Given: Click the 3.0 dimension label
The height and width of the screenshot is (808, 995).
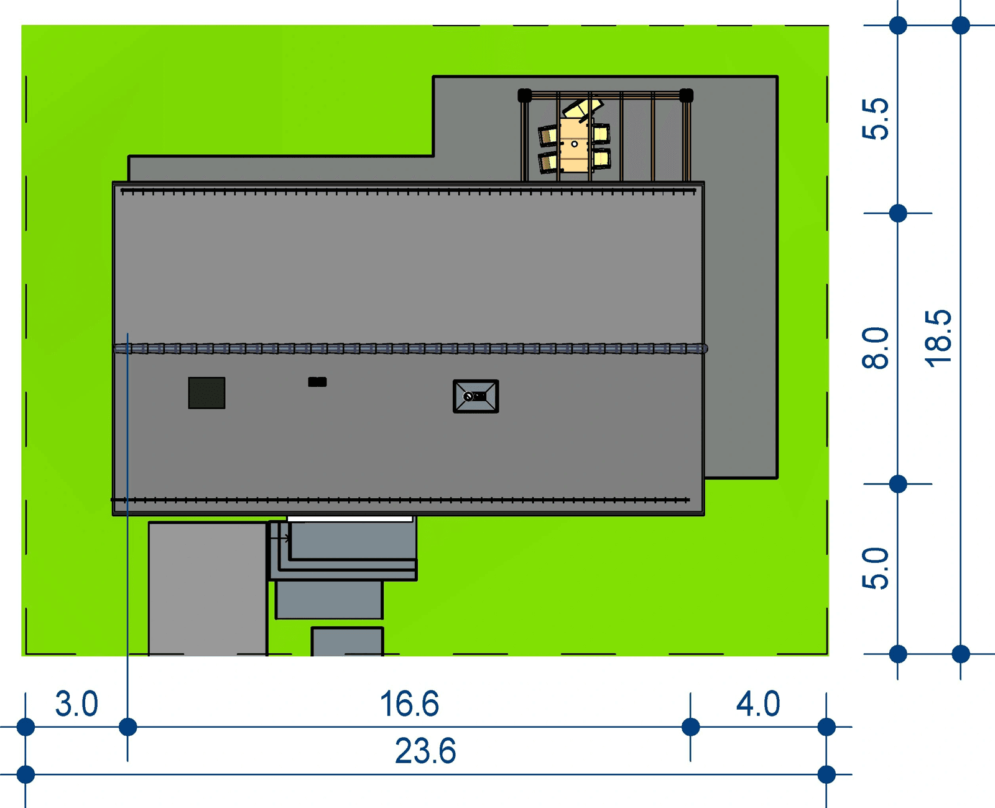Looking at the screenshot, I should point(76,704).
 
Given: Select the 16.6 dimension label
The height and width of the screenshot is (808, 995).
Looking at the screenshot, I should point(409,704).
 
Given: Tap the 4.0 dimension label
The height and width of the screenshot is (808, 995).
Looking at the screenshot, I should point(757,704).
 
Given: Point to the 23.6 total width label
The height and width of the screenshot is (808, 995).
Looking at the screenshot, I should point(425,751).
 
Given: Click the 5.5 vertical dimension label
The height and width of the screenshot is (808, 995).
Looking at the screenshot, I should point(876,119).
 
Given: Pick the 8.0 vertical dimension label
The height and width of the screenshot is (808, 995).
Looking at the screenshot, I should point(876,348).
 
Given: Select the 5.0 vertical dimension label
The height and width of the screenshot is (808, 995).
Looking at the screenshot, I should point(876,569).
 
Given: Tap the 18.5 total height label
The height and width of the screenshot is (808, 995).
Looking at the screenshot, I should point(938,339).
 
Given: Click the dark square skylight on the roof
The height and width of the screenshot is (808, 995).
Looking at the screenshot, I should point(206,392).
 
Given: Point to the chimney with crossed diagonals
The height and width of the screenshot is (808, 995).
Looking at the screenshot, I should point(476,396).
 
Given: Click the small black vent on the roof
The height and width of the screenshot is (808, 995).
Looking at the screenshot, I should point(317,382).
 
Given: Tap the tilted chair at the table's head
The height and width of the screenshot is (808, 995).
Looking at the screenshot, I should point(583,109).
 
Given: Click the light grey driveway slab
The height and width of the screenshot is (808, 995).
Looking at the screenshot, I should point(208,588).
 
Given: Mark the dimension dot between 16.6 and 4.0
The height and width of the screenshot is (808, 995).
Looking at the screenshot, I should point(690,727).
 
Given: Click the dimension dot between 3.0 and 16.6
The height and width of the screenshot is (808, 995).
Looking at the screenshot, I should point(127,727).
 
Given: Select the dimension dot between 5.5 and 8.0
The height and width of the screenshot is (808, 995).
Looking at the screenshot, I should point(898,213).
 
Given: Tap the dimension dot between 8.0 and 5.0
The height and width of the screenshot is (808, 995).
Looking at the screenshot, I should point(898,483).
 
